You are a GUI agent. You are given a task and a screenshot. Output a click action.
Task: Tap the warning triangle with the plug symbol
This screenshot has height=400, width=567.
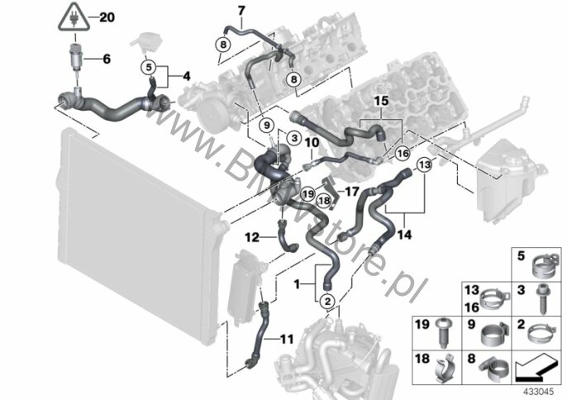click(x=74, y=18)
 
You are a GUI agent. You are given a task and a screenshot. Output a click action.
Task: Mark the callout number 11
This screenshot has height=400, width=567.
click(x=285, y=337)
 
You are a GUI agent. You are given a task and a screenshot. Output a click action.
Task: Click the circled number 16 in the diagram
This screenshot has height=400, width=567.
click(x=403, y=154)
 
